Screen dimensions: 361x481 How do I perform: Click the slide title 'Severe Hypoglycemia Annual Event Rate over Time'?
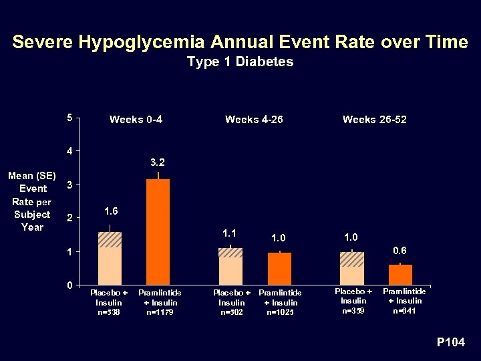pos(240,42)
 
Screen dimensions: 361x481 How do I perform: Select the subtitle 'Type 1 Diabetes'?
pos(240,62)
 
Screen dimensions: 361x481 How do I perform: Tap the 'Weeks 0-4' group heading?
pos(136,120)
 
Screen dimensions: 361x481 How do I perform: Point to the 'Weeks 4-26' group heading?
pos(254,120)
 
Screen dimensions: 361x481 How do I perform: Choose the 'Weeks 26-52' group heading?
pos(374,120)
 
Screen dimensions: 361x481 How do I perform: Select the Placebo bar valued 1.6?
pos(110,258)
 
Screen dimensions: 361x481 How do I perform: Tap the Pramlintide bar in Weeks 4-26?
pos(279,268)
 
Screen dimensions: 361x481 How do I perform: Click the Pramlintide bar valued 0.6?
pos(400,274)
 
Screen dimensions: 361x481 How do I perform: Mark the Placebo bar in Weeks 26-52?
pos(352,268)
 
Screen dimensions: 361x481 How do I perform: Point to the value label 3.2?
pos(158,162)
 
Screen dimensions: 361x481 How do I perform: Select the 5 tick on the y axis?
pos(70,118)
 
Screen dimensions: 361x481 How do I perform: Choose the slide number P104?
pos(451,342)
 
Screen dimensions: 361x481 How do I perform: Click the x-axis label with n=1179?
pos(160,303)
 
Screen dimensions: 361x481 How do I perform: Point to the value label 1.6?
pos(112,211)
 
